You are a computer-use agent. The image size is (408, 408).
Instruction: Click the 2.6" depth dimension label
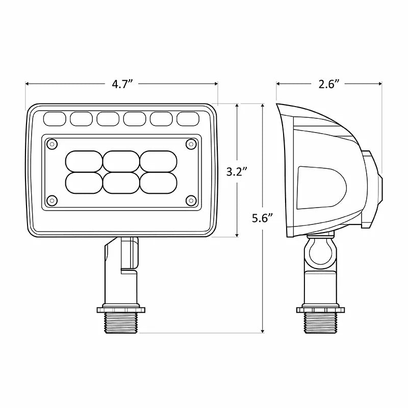point(329,85)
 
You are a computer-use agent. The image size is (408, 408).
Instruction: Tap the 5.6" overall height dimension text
point(263,218)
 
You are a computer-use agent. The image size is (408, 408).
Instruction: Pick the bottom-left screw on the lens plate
point(51,199)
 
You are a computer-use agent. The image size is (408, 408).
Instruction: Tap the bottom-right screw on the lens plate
point(190,199)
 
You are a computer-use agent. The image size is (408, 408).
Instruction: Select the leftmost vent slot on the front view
point(55,119)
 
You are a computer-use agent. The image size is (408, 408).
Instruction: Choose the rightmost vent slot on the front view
point(187,119)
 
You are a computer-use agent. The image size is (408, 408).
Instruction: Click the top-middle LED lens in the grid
point(121,161)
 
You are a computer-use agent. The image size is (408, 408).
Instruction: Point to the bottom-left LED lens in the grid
point(84,183)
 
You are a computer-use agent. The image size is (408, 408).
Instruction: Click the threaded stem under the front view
point(121,323)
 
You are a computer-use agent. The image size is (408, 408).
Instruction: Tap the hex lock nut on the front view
point(121,309)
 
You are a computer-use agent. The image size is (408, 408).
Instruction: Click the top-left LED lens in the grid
point(84,161)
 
